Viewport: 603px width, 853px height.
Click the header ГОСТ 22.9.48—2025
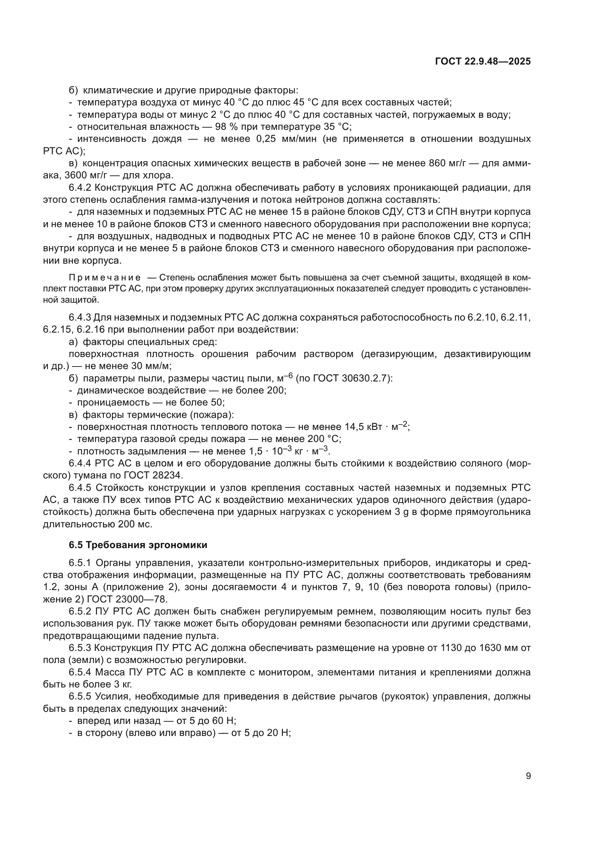(x=482, y=62)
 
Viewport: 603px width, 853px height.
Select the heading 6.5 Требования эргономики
(x=138, y=545)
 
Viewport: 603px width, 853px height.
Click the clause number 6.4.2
(x=80, y=187)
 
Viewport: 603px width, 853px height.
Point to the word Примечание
(x=105, y=278)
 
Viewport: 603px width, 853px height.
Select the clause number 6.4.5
(x=80, y=488)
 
